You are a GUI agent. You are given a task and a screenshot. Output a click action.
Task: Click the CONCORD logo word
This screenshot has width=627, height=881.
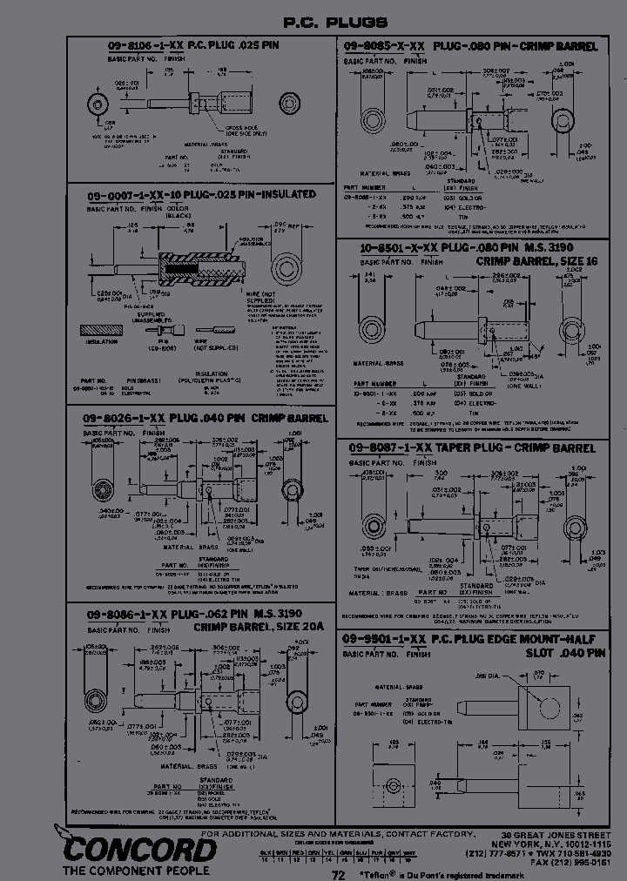[128, 847]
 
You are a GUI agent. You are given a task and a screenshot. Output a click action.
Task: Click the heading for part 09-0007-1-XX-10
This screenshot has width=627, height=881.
[199, 195]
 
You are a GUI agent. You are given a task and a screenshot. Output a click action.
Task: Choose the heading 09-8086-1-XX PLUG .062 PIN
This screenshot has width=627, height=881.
[203, 614]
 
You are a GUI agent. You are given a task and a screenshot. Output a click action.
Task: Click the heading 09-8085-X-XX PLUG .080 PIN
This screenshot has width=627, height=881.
[469, 44]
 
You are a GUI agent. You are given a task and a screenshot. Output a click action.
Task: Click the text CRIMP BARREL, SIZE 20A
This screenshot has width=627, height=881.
[258, 626]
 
